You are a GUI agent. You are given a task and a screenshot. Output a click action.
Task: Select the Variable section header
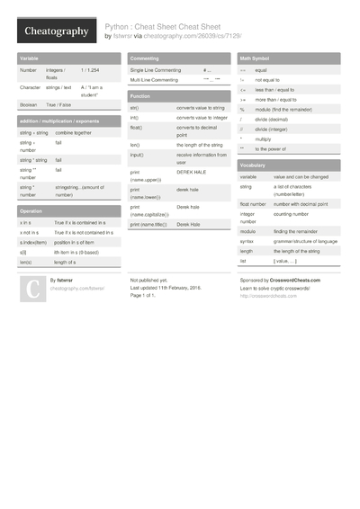[28, 58]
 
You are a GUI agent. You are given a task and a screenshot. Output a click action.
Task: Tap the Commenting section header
[144, 58]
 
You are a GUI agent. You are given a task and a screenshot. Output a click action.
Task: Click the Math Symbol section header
[256, 58]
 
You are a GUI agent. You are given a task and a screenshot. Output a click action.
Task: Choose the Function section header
[140, 95]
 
